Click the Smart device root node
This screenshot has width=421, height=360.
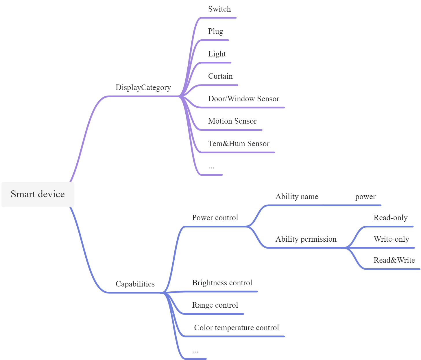coord(38,194)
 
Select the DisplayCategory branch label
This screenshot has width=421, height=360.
coord(143,87)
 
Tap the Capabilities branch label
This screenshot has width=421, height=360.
coord(135,284)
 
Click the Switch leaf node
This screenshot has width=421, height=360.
coord(219,9)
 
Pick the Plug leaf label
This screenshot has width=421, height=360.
coord(215,31)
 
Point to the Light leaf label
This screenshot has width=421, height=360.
coord(217,54)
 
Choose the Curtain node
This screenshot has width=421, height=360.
coord(220,76)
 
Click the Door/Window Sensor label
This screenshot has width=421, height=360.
coord(243,99)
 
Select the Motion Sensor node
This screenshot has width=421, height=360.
coord(232,121)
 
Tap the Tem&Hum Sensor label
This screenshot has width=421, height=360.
coord(239,144)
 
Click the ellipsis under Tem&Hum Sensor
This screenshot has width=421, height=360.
coord(211,167)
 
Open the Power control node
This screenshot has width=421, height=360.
coord(215,218)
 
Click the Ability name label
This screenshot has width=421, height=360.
coord(297,196)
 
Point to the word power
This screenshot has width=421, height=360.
coord(365,196)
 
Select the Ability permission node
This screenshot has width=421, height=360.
coord(306,239)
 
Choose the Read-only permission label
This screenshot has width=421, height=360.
coord(390,218)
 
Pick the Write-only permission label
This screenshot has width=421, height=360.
coord(391,239)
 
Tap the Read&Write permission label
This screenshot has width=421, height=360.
coord(394,260)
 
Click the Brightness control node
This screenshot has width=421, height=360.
coord(222,283)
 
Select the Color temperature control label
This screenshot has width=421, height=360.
coord(236,328)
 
